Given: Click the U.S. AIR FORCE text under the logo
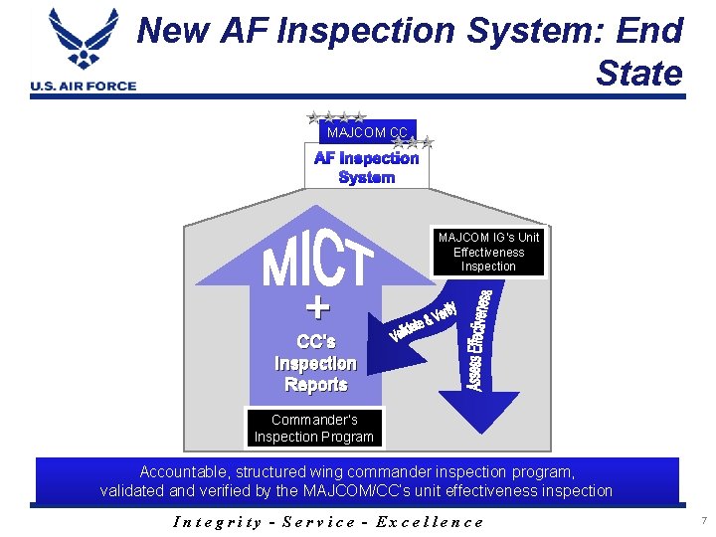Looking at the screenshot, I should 84,86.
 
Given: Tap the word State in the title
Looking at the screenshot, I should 639,73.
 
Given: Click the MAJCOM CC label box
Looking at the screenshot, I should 367,131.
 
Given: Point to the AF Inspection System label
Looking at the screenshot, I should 367,167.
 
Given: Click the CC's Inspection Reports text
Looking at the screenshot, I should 315,363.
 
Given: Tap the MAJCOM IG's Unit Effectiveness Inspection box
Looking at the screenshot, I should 488,252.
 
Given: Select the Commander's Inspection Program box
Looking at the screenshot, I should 314,428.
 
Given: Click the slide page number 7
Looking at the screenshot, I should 701,521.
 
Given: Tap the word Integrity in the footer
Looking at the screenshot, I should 217,521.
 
